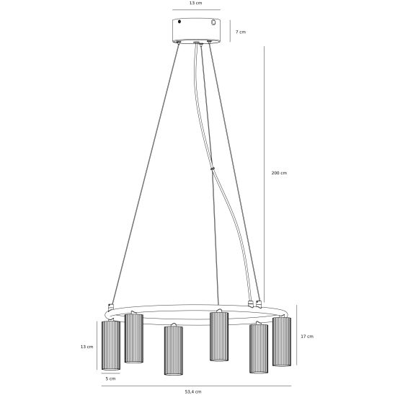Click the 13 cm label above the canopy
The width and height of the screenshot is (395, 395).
click(195, 4)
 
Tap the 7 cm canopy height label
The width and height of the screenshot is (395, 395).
click(242, 32)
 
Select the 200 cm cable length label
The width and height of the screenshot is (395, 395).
click(278, 174)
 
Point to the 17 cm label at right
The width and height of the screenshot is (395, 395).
click(306, 335)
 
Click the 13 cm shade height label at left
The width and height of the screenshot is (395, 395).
click(86, 347)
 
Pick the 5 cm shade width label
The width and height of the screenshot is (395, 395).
click(111, 378)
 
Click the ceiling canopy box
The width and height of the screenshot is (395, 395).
click(195, 30)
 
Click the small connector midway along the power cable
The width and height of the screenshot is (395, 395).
click(213, 169)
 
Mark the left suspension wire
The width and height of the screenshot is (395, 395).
click(144, 173)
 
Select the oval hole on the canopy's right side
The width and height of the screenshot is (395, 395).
click(213, 24)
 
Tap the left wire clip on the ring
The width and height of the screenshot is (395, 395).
click(110, 306)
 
